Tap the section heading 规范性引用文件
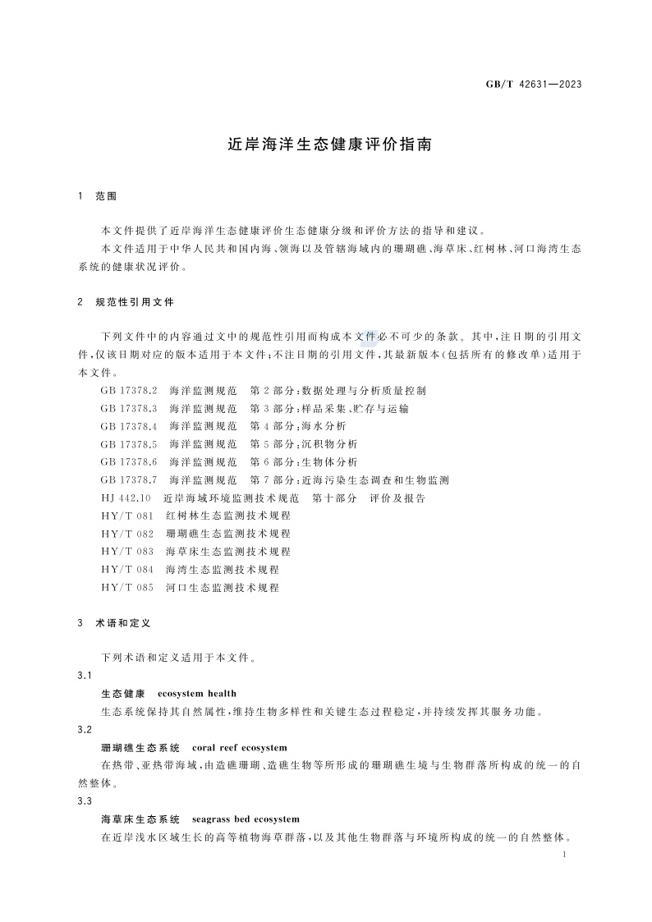135,302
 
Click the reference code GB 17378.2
129,391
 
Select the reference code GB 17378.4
129,426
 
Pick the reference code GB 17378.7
129,479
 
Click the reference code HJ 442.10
126,498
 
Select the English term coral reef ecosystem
239,748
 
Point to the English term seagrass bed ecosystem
246,819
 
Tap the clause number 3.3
84,801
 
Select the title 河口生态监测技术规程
223,588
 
